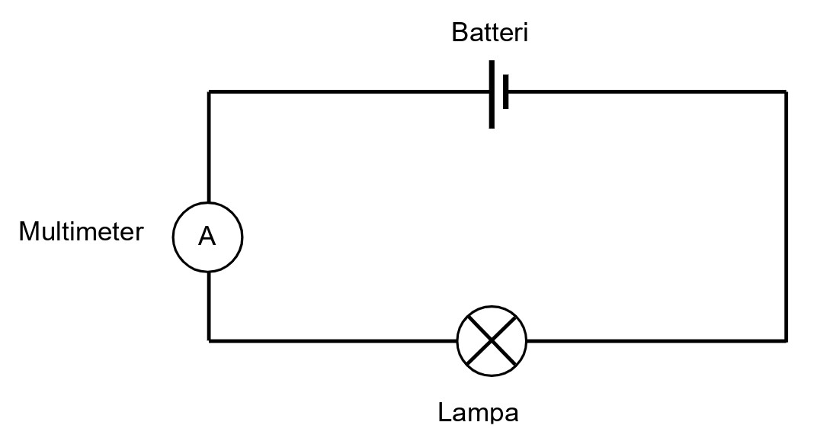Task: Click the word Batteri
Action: tap(489, 33)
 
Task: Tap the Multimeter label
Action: tap(81, 231)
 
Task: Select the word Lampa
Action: tap(478, 413)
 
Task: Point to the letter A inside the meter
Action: tap(207, 237)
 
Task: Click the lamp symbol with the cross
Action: tap(492, 341)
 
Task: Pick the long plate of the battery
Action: tap(492, 93)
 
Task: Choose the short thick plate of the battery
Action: tap(505, 92)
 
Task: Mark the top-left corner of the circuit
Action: tap(210, 92)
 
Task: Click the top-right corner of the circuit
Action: tap(785, 92)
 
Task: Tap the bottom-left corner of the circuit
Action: tap(210, 340)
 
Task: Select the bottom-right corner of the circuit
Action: tap(785, 340)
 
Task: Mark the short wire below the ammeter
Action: tap(210, 305)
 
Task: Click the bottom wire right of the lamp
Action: tap(655, 340)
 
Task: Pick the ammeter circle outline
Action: tap(174, 237)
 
